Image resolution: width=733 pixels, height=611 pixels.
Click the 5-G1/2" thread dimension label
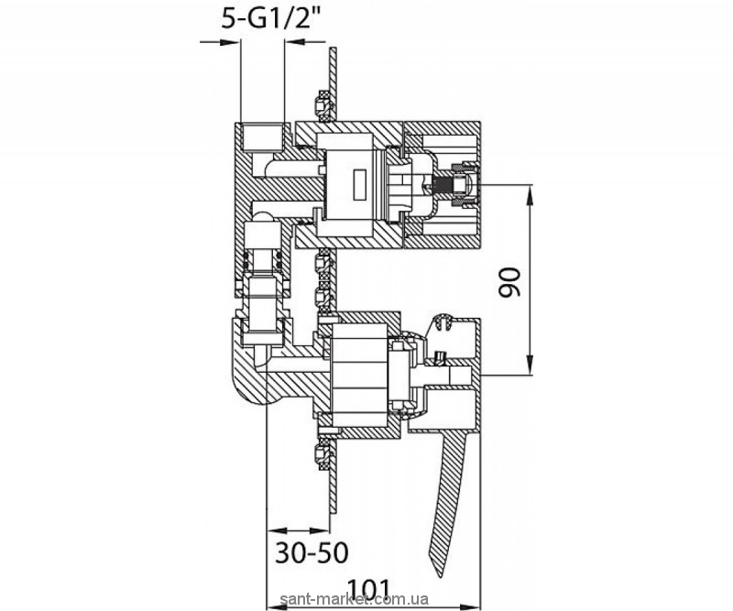click(x=273, y=19)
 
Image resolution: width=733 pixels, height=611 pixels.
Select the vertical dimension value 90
click(x=509, y=283)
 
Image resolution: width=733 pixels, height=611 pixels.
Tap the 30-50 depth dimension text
click(x=312, y=552)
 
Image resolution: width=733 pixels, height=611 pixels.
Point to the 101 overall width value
click(x=369, y=586)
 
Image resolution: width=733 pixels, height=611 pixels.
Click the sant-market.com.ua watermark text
click(x=354, y=599)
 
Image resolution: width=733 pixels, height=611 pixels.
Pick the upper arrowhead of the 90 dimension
click(x=531, y=195)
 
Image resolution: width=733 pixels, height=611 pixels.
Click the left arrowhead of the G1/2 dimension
click(x=230, y=42)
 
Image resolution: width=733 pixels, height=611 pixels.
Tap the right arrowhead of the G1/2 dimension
click(x=295, y=42)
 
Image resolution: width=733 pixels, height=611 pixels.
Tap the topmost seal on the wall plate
click(x=323, y=106)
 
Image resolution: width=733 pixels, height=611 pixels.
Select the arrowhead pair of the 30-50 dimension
click(x=298, y=530)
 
